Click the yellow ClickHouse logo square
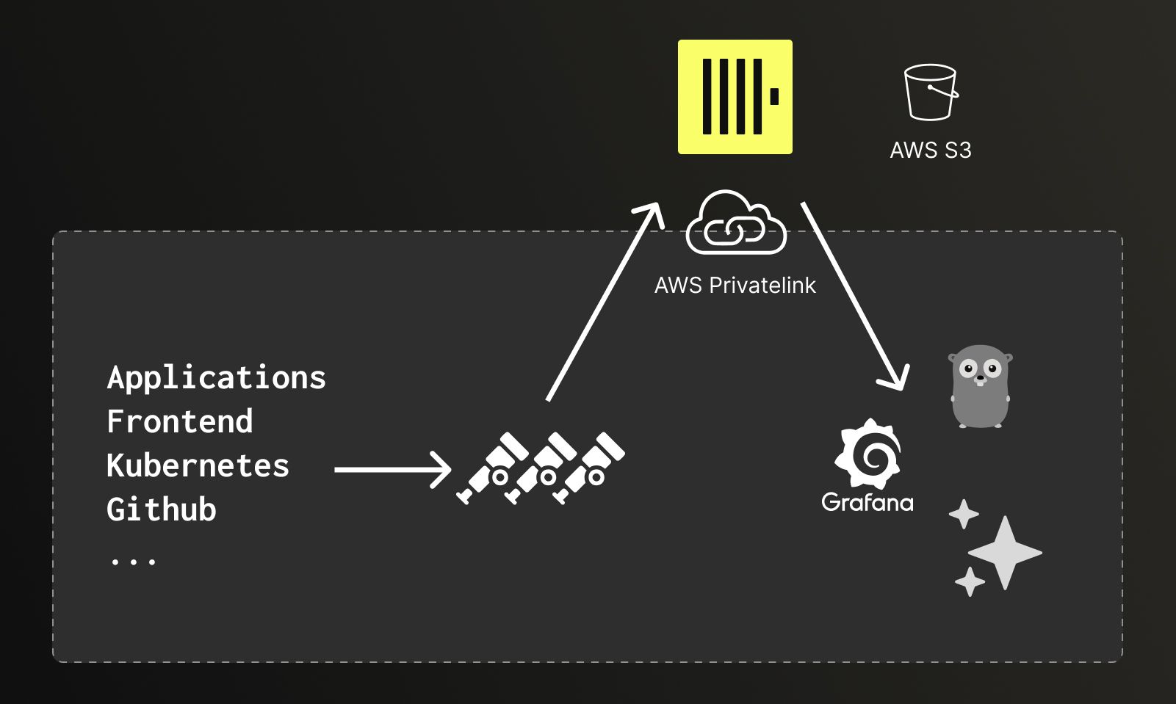[735, 96]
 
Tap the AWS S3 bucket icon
[931, 92]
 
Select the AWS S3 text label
[931, 150]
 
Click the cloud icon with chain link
[736, 222]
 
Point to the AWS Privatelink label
[735, 286]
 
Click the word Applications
[216, 378]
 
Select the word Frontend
[179, 421]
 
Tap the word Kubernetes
[198, 465]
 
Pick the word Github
[161, 509]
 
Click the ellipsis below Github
[134, 562]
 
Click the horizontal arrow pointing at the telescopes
[393, 470]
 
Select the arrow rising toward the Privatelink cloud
[605, 302]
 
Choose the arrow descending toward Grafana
[854, 297]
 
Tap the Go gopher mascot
[980, 386]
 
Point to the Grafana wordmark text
[867, 502]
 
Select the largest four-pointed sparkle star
[1005, 553]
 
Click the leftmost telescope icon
[493, 468]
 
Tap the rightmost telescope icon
[588, 468]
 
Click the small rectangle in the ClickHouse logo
[774, 96]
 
